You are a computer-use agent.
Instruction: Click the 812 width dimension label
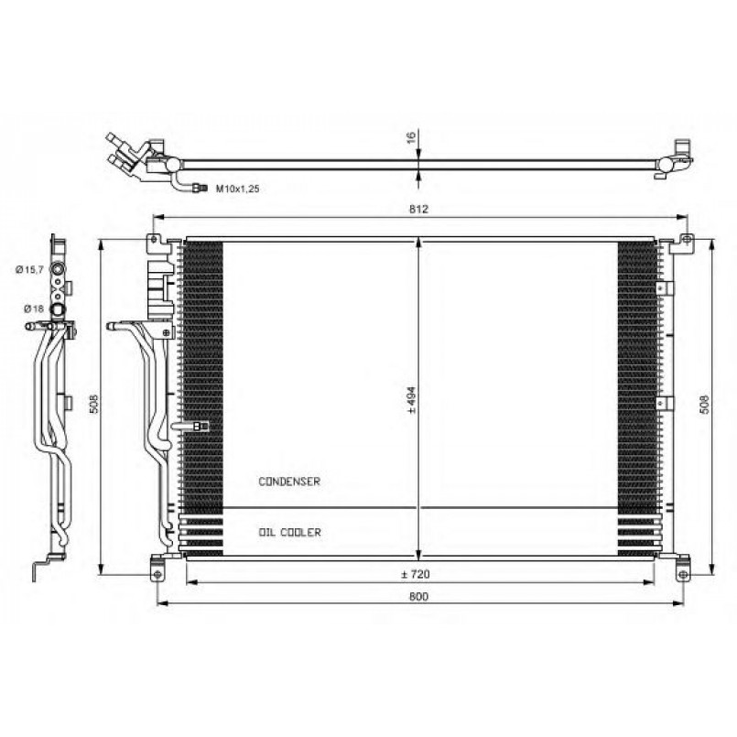tap(418, 209)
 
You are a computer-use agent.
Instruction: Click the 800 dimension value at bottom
tap(418, 596)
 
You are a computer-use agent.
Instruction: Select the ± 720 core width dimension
tap(416, 574)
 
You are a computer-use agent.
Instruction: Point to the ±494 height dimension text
tap(412, 400)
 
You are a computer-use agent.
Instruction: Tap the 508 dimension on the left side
tap(93, 403)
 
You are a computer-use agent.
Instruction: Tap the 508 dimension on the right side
tap(705, 405)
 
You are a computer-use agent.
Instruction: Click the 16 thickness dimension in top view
tap(411, 137)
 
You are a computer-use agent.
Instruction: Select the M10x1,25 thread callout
tap(237, 189)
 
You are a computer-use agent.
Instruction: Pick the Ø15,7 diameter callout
tap(29, 269)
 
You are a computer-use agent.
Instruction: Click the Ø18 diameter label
tap(34, 309)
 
